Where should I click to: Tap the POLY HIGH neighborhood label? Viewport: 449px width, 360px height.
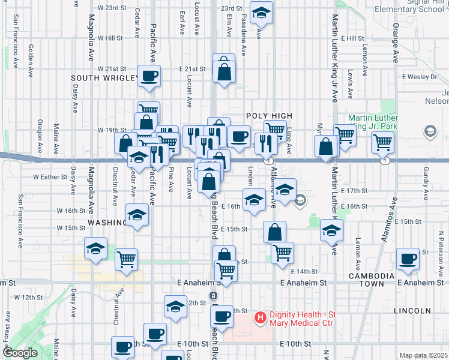tap(269, 116)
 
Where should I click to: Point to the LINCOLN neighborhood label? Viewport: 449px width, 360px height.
tap(412, 311)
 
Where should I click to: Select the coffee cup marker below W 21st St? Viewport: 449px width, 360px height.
tap(149, 76)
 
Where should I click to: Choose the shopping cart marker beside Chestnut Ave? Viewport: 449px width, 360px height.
tap(126, 260)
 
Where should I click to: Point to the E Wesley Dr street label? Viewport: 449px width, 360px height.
tap(420, 77)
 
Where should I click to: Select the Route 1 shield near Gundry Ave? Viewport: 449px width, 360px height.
tap(385, 161)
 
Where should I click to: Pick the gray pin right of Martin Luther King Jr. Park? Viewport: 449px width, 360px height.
tap(430, 131)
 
